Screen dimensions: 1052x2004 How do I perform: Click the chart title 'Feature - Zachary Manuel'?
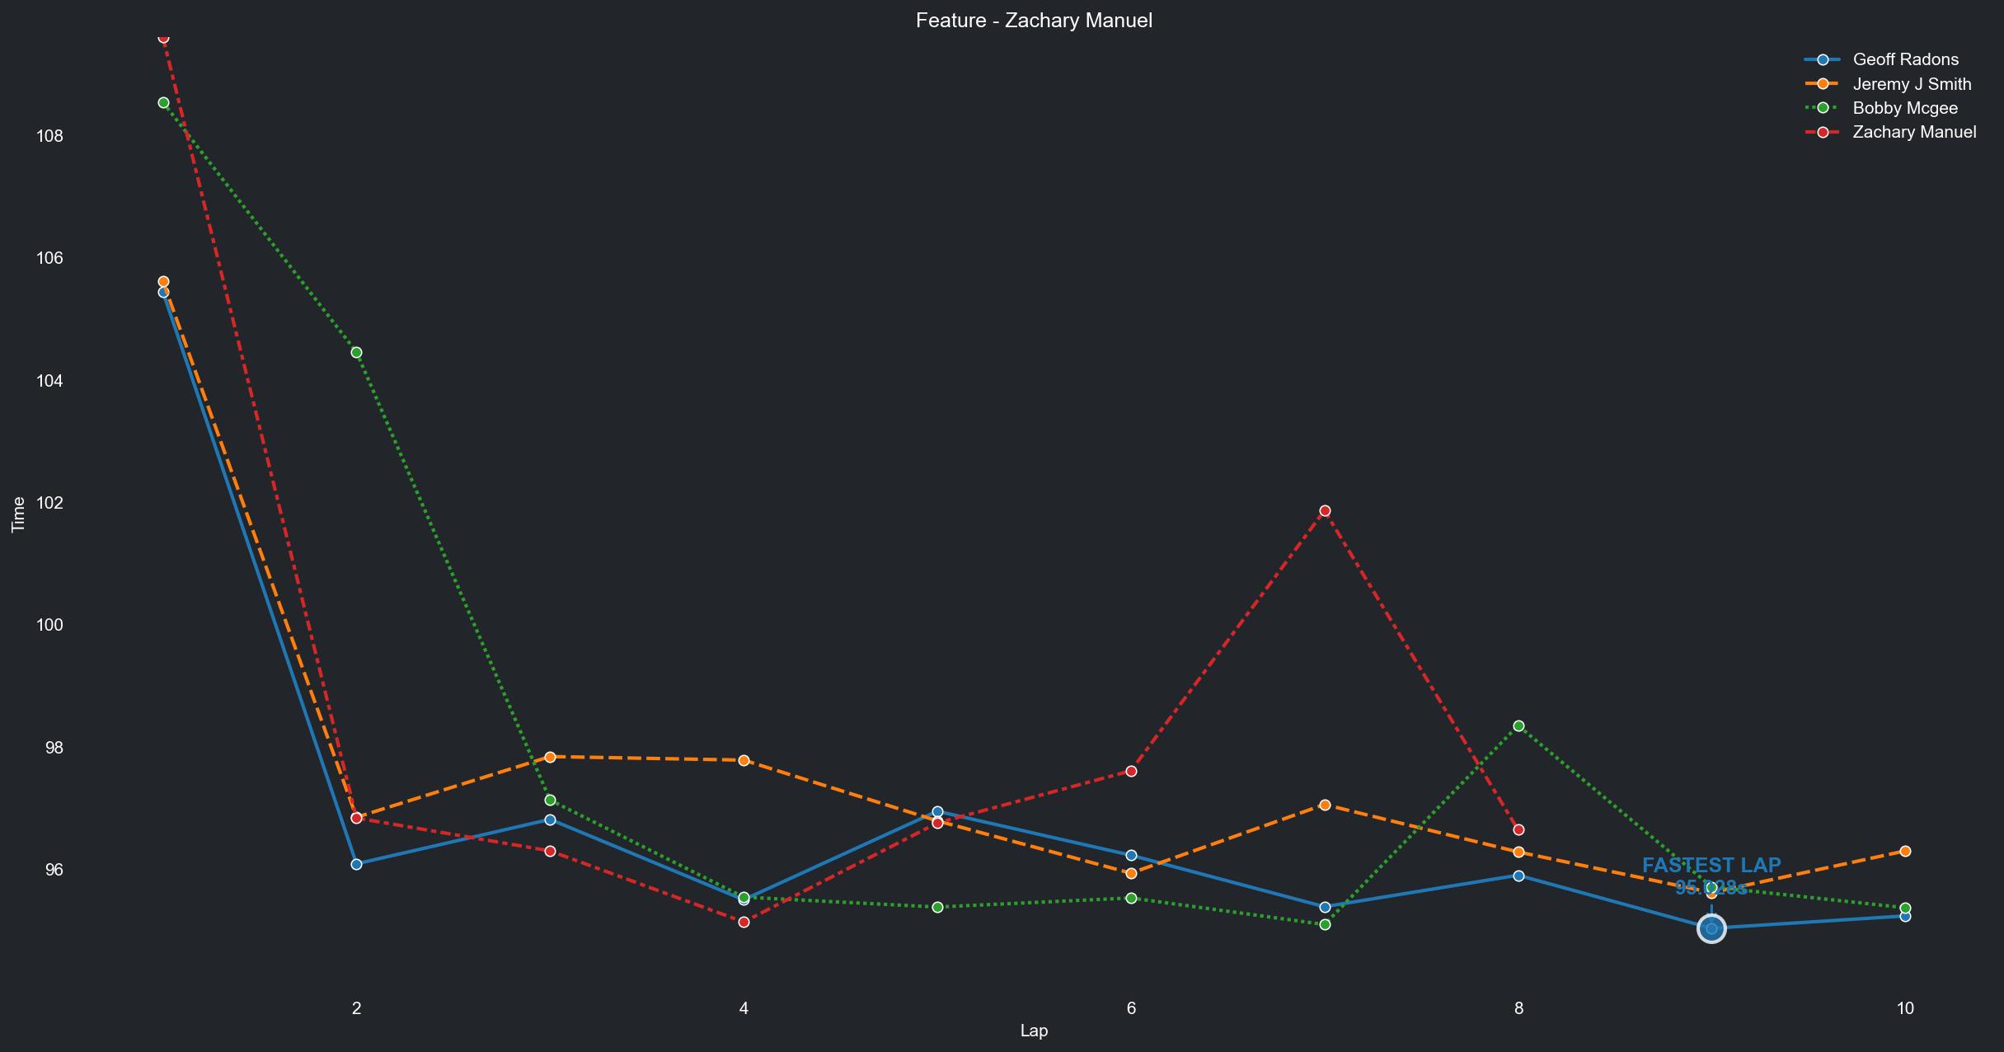click(1034, 21)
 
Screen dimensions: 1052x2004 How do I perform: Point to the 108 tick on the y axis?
click(49, 136)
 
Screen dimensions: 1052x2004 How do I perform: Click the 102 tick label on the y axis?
click(49, 503)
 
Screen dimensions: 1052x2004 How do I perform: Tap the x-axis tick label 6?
click(1131, 1007)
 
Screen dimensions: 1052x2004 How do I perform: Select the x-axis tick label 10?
click(1904, 1007)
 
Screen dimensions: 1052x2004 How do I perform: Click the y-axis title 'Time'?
click(18, 514)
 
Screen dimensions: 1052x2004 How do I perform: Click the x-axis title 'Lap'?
click(1034, 1031)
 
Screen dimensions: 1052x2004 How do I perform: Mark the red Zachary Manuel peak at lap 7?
click(1325, 511)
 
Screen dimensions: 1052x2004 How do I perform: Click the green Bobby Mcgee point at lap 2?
click(356, 353)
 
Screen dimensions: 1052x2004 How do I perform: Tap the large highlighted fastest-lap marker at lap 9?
click(1711, 929)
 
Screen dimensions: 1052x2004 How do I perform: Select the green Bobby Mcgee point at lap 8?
click(1518, 726)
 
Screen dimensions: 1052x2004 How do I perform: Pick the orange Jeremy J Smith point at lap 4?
click(744, 760)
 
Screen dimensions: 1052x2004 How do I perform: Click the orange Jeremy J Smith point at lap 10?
click(1905, 851)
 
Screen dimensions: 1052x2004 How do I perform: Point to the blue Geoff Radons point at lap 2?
click(356, 864)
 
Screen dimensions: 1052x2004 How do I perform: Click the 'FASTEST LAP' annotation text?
click(1711, 866)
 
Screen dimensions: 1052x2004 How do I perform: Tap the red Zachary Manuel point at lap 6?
click(1131, 771)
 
